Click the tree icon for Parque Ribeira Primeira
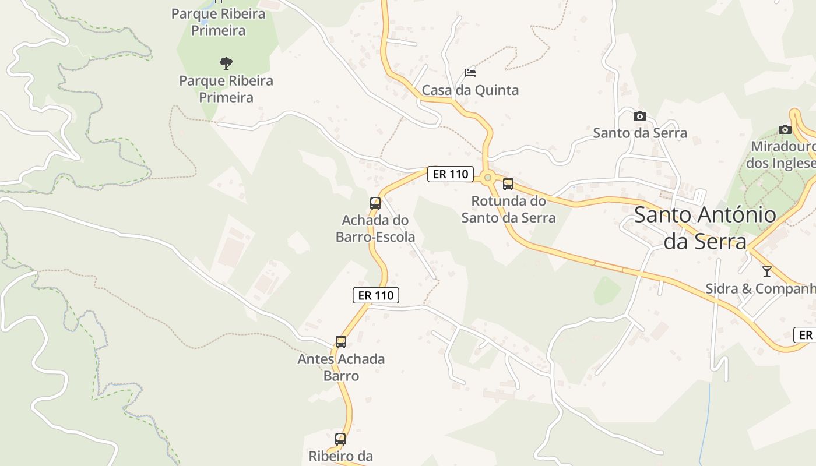click(x=226, y=63)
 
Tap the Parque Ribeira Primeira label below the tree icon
click(x=226, y=89)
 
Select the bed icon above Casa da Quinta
click(x=470, y=73)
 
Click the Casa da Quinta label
click(x=470, y=90)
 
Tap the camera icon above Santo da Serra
click(x=640, y=116)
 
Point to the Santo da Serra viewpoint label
click(x=640, y=133)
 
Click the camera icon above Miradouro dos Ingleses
click(x=785, y=129)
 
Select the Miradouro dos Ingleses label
click(x=783, y=154)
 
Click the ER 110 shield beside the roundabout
click(x=450, y=174)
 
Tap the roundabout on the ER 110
click(x=488, y=177)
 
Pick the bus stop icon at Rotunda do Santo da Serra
click(x=508, y=184)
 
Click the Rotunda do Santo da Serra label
click(x=508, y=209)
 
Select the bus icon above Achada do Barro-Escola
click(x=375, y=203)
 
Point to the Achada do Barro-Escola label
click(x=375, y=228)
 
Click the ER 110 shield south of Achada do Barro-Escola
click(x=376, y=295)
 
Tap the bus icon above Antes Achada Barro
click(x=341, y=342)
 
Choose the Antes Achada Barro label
click(x=341, y=367)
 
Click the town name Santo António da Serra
click(x=705, y=228)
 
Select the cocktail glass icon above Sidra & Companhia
click(x=767, y=271)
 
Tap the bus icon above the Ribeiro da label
click(x=340, y=439)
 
